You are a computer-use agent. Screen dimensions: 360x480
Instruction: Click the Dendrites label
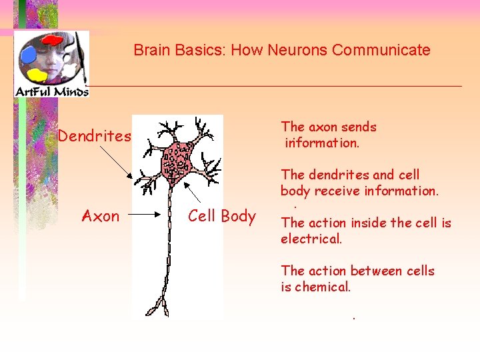point(94,137)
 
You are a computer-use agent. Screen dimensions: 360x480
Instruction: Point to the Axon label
point(101,216)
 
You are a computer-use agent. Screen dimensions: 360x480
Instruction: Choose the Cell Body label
point(222,216)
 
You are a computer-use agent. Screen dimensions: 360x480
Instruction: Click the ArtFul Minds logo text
point(51,91)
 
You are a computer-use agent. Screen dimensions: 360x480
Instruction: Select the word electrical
point(311,239)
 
